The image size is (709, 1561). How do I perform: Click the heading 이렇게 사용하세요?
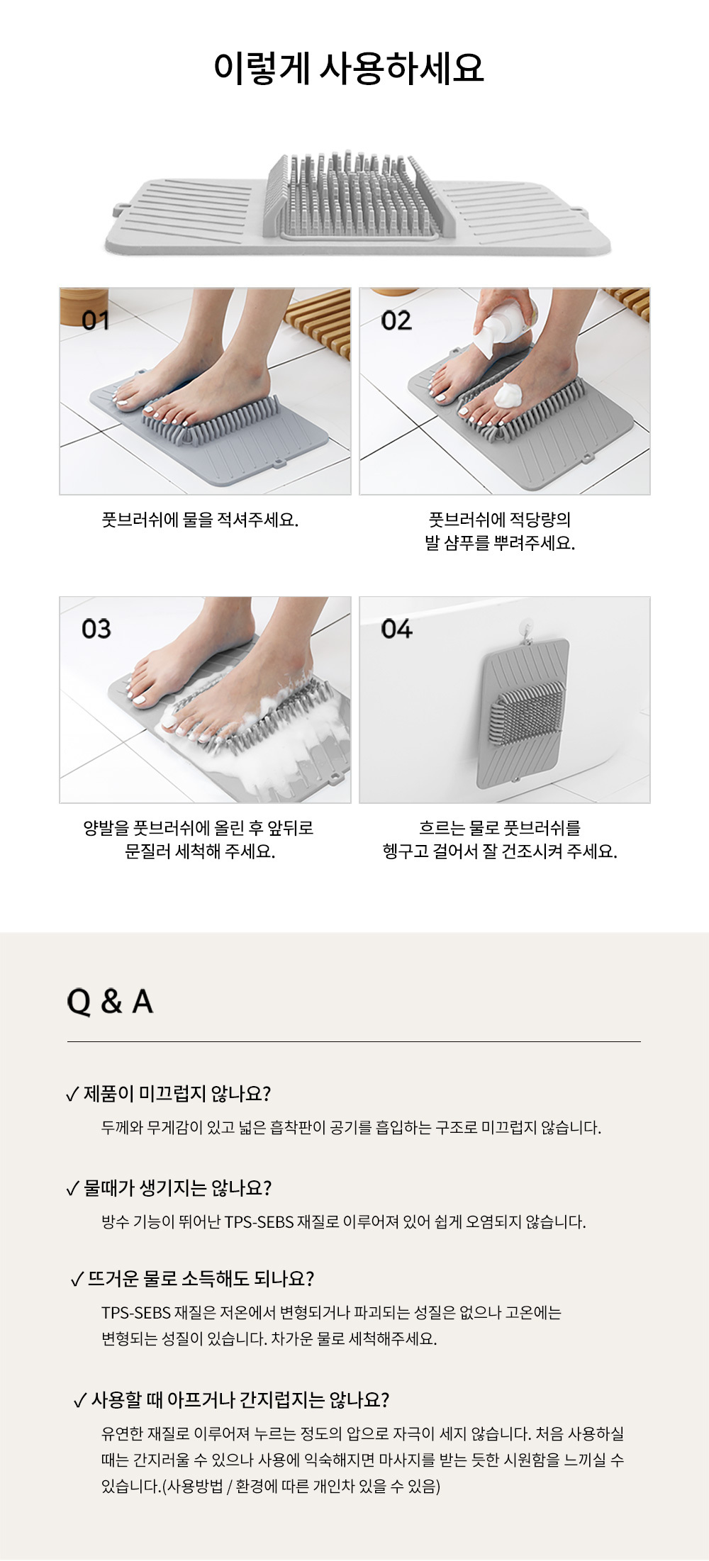[349, 69]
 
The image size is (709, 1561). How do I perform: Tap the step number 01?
[96, 321]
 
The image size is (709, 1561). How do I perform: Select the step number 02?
[396, 321]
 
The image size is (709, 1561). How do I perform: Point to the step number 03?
[96, 629]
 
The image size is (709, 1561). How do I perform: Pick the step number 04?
[396, 629]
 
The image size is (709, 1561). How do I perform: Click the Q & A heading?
[110, 1001]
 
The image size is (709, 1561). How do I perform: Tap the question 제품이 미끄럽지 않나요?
[177, 1094]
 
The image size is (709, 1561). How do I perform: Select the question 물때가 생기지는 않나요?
[178, 1188]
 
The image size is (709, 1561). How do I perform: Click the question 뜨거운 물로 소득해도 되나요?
[201, 1279]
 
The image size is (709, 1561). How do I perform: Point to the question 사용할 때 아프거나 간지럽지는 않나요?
[240, 1400]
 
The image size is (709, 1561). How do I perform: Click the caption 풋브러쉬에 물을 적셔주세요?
[201, 520]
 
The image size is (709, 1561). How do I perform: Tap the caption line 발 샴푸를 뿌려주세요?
[500, 544]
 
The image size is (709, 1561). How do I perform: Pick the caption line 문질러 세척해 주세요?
[201, 851]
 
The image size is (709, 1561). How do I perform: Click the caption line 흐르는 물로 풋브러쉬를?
[500, 827]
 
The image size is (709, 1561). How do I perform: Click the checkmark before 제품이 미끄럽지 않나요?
[72, 1095]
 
